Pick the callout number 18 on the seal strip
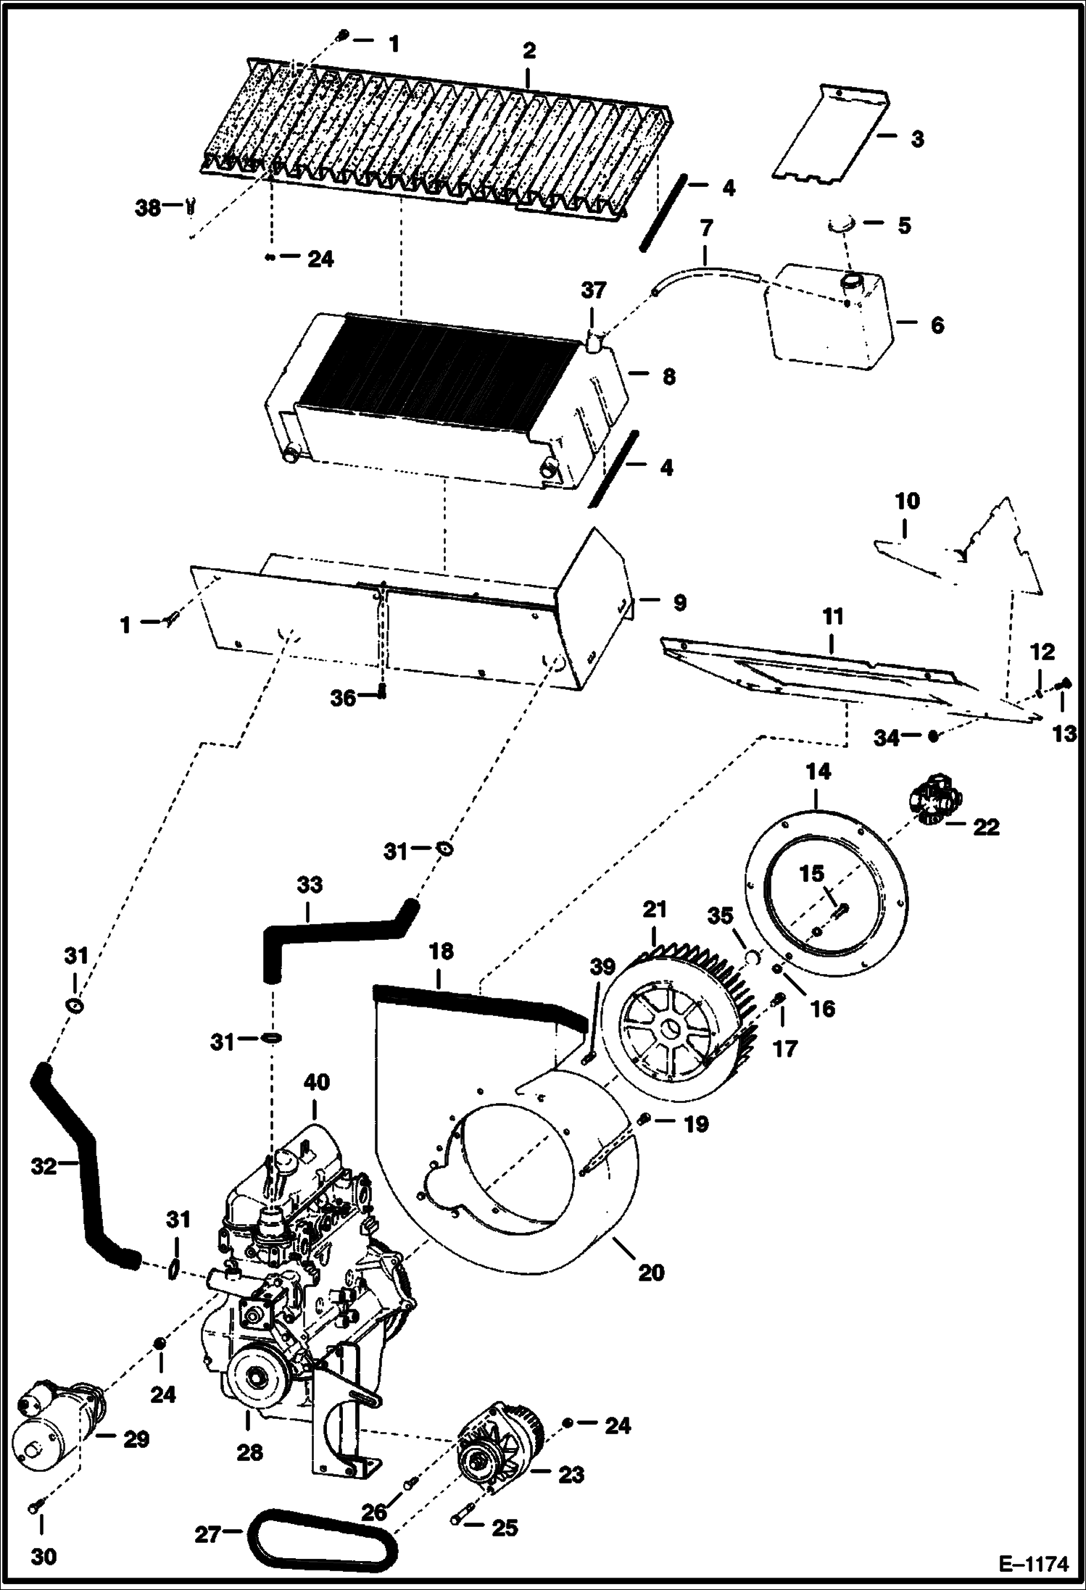tap(441, 952)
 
